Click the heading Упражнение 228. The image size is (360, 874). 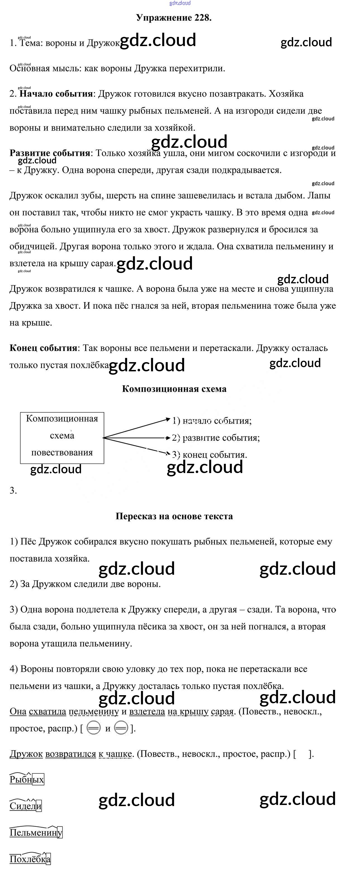coord(174,18)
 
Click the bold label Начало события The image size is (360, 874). coord(56,94)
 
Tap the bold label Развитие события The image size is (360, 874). coord(49,153)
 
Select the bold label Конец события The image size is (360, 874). coord(43,348)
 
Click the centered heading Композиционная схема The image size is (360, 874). coord(174,389)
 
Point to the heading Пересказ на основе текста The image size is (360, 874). coord(174,516)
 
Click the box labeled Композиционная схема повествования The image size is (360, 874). coord(62,438)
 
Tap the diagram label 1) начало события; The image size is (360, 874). coord(212,421)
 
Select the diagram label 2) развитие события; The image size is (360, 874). coord(216,438)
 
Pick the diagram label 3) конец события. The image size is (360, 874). coord(209,455)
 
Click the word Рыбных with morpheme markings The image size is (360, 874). coord(27,780)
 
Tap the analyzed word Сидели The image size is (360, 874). coord(25,806)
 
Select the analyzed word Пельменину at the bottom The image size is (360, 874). coord(35,832)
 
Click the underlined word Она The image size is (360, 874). coord(18,711)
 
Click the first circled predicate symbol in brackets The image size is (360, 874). coord(93,728)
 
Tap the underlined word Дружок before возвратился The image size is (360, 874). coord(26,754)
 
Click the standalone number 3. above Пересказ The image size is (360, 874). coord(13,491)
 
